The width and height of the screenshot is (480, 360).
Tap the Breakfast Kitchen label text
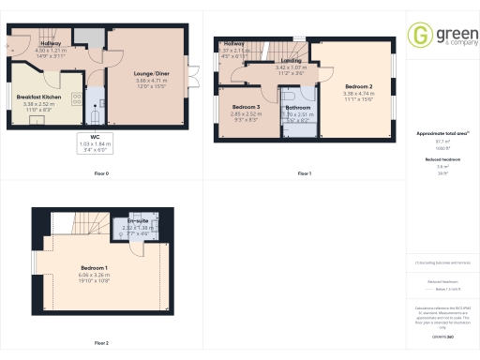tap(38, 97)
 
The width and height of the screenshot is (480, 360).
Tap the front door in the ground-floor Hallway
tap(12, 42)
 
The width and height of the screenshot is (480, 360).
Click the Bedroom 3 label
tap(245, 107)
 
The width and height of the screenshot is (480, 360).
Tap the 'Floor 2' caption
tap(100, 343)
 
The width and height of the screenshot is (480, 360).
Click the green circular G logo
tap(420, 36)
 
